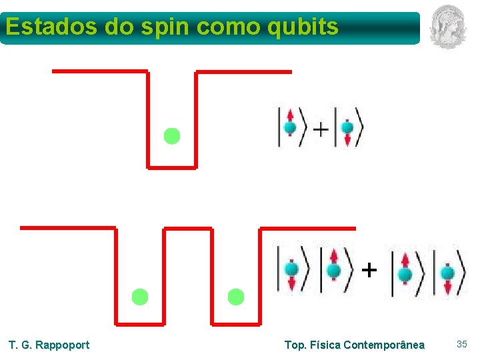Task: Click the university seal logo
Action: point(447,26)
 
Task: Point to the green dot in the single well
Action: point(172,136)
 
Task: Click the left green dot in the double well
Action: point(139,297)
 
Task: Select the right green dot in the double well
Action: point(236,297)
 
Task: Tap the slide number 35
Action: point(462,344)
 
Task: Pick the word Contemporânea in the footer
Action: point(383,345)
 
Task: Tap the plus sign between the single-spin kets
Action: point(321,128)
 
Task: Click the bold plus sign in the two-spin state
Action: point(369,270)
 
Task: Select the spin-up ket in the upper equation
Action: point(291,127)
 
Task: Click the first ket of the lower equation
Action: point(292,270)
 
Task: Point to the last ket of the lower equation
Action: point(448,272)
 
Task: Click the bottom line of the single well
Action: point(172,167)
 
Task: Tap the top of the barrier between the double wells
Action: point(188,229)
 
